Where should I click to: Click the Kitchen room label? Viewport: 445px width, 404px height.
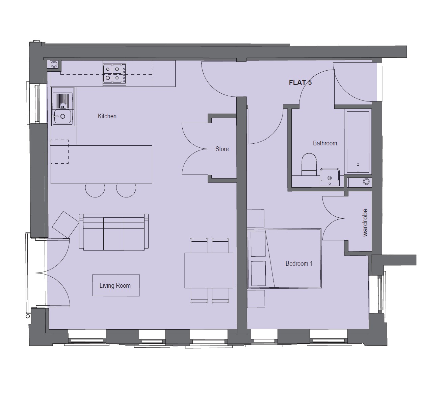(x=107, y=116)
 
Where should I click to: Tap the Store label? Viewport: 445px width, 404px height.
(x=222, y=149)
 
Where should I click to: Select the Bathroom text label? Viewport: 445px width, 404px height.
(x=325, y=143)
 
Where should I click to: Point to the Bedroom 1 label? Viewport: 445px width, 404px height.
(x=299, y=264)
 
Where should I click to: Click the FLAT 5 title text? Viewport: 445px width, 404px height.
(x=300, y=82)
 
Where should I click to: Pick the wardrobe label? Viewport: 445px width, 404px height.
(x=365, y=223)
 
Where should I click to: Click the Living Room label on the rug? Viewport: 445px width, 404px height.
(x=115, y=286)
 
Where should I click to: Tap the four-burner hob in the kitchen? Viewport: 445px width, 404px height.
(x=114, y=74)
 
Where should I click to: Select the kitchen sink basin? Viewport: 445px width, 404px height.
(x=62, y=116)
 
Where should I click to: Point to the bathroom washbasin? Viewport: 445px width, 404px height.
(x=330, y=177)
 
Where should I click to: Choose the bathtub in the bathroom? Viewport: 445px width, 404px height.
(x=358, y=142)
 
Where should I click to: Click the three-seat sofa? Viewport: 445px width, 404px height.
(x=114, y=232)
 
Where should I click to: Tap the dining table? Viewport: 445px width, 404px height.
(x=209, y=270)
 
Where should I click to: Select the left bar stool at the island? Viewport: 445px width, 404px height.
(x=95, y=190)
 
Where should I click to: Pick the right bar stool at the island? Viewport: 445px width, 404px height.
(x=126, y=190)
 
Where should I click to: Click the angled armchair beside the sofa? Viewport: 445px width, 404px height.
(x=65, y=225)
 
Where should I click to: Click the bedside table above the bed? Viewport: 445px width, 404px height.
(x=256, y=218)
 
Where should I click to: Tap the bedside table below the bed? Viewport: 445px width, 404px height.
(x=256, y=299)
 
